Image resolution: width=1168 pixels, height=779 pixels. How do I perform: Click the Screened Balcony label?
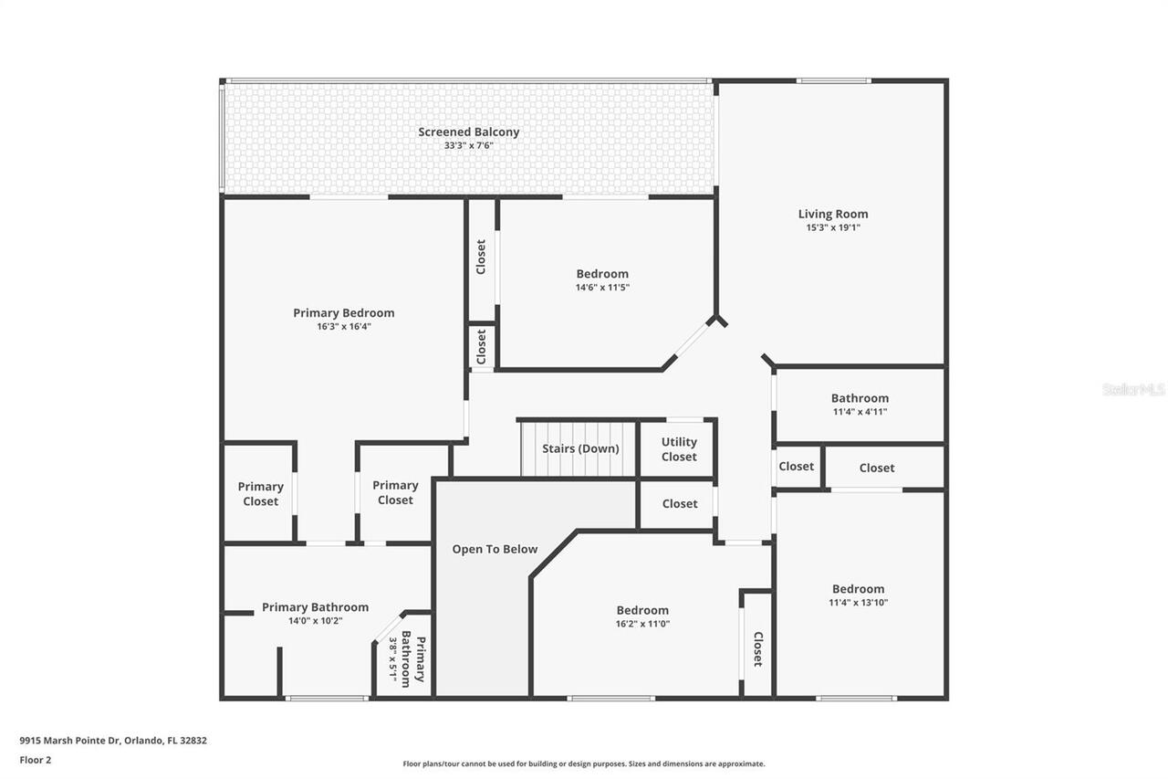[468, 132]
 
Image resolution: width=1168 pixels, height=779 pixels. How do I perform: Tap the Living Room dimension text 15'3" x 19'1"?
[832, 227]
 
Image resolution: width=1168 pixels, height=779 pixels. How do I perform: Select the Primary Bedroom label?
[343, 313]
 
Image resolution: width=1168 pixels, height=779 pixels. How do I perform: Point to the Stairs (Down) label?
[580, 448]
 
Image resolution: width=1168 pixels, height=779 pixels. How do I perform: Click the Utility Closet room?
[678, 449]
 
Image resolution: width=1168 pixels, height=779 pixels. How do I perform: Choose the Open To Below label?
[495, 549]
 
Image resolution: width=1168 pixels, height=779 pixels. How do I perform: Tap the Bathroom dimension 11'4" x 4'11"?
[859, 412]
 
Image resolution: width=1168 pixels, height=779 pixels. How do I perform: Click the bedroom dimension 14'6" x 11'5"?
[601, 287]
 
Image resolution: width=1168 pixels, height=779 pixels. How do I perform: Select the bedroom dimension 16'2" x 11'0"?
[641, 624]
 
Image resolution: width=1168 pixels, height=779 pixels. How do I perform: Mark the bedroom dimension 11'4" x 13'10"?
[858, 602]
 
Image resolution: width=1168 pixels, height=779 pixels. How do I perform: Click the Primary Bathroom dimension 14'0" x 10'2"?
[315, 620]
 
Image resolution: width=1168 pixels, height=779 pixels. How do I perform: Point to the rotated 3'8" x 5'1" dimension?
[393, 660]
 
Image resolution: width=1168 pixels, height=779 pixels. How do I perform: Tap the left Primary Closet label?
[260, 494]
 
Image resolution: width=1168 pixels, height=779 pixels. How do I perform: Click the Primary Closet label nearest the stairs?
[395, 492]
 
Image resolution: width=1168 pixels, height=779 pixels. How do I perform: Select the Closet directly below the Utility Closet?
[679, 503]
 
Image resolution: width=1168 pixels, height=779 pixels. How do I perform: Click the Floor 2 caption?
[36, 759]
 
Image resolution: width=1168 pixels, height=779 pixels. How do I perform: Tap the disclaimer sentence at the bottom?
[584, 763]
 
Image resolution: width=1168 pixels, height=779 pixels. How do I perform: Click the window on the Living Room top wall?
[832, 81]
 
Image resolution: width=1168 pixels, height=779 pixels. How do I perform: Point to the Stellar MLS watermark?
[1133, 389]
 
